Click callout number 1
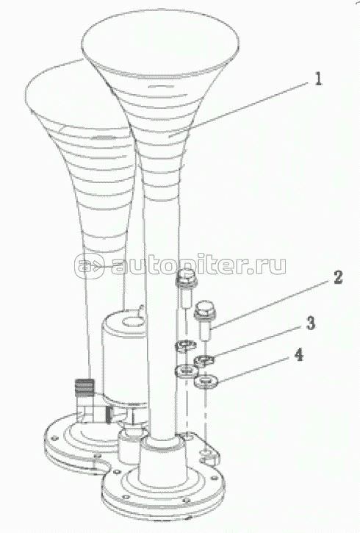pos(317,79)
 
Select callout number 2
pos(337,277)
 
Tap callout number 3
pos(311,323)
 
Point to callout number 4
pos(298,354)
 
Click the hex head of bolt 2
pos(203,307)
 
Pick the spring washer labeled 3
pos(204,360)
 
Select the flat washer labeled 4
pos(206,382)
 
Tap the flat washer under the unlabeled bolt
pos(187,371)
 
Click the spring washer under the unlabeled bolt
pos(186,346)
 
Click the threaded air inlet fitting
pos(84,388)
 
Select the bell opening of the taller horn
pos(160,44)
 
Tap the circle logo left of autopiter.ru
pos(89,265)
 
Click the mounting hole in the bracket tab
pos(206,452)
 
